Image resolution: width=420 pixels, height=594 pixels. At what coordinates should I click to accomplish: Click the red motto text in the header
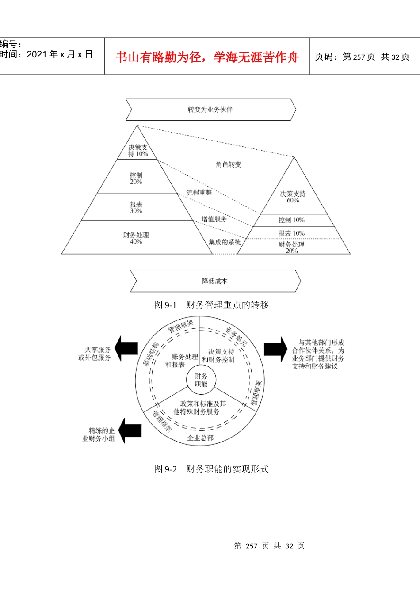207,57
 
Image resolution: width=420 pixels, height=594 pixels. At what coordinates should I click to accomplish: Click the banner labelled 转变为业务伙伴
210,110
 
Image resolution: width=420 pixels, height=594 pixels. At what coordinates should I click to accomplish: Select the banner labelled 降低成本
215,281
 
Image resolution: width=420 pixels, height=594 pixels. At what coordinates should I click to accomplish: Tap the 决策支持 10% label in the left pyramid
138,151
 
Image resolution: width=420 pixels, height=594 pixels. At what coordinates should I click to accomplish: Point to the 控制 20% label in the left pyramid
136,179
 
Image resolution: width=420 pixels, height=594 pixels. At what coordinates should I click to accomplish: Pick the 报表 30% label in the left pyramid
136,208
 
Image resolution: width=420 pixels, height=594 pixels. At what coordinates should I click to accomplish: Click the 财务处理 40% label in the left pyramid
136,238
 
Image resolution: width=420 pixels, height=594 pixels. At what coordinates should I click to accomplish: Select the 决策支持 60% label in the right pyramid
293,197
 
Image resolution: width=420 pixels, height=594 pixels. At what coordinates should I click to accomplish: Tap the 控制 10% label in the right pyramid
291,220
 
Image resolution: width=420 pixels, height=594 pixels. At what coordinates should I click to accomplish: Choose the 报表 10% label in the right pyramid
291,233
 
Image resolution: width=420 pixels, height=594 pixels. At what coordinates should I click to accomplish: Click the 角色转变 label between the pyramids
229,164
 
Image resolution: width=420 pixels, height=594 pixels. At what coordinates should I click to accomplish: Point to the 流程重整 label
199,193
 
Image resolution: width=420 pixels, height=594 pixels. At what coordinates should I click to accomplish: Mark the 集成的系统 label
225,242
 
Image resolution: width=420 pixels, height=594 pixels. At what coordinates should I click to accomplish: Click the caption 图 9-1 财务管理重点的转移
211,305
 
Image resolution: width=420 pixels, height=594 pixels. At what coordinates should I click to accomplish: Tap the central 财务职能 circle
201,380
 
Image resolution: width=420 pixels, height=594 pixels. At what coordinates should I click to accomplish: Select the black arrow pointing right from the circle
276,349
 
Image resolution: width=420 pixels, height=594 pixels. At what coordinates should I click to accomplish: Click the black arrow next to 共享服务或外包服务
126,349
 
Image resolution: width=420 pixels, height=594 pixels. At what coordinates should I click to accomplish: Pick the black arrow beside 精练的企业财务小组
130,430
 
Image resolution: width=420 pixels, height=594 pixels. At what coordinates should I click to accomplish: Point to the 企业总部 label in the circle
200,438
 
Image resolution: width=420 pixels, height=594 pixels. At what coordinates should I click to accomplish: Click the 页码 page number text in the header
362,57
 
